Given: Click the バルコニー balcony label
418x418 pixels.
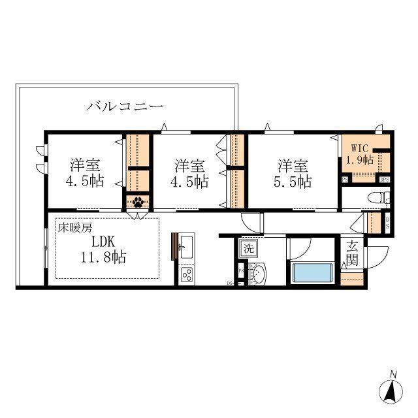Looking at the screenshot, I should pyautogui.click(x=125, y=106).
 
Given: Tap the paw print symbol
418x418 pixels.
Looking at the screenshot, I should pyautogui.click(x=138, y=202).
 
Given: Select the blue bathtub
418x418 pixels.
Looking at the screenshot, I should pyautogui.click(x=313, y=272).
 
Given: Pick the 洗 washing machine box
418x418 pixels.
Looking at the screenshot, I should pyautogui.click(x=248, y=248).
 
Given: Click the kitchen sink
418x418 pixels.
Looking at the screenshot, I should pyautogui.click(x=186, y=247).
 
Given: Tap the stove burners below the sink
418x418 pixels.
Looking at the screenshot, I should pyautogui.click(x=185, y=275).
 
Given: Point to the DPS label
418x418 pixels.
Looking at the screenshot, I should pyautogui.click(x=385, y=180).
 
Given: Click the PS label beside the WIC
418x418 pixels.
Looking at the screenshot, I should pyautogui.click(x=344, y=180).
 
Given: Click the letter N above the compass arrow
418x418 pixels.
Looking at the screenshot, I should pyautogui.click(x=393, y=374).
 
